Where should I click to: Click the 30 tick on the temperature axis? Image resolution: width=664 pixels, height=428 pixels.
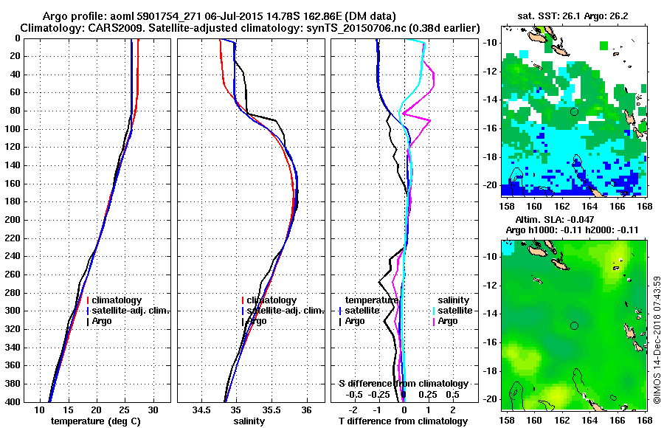pyautogui.click(x=153, y=410)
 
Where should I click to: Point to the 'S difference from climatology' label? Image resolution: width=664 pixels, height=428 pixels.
pyautogui.click(x=403, y=384)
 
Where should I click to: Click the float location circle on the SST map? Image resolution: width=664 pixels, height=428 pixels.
pyautogui.click(x=574, y=111)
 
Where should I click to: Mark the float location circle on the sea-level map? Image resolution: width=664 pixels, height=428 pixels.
pyautogui.click(x=574, y=325)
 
